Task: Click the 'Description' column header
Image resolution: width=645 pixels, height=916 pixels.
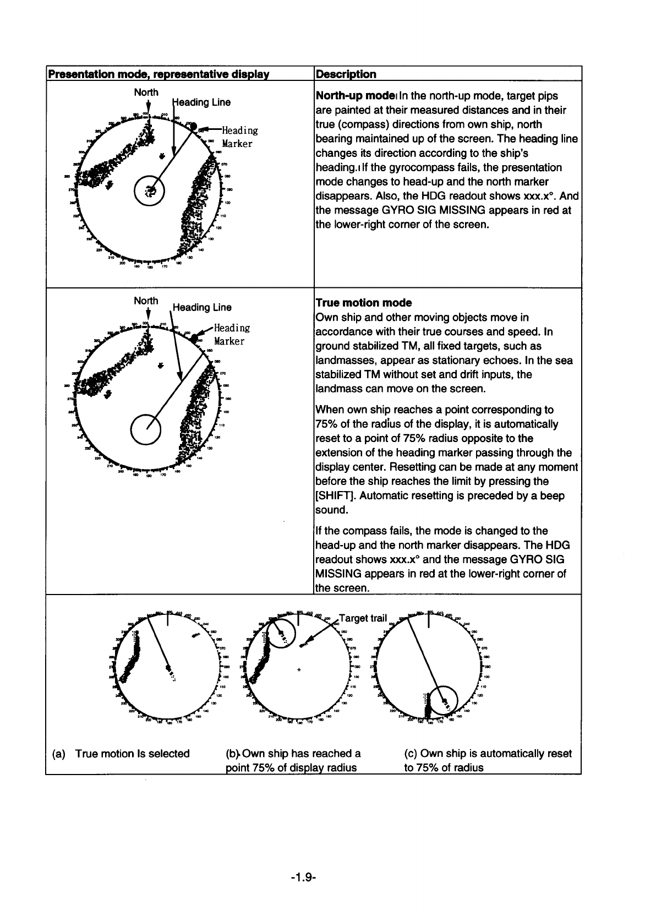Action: coord(346,74)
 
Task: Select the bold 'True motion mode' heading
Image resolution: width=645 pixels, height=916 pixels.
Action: coord(363,303)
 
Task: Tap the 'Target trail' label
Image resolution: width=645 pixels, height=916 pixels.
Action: coord(363,618)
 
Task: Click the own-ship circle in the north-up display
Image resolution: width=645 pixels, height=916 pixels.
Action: coord(150,192)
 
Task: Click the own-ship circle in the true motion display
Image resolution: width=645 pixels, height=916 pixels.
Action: coord(146,427)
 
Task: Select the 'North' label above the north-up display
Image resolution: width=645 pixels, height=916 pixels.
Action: coord(146,92)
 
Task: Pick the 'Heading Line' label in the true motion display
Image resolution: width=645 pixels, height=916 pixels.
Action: coord(202,307)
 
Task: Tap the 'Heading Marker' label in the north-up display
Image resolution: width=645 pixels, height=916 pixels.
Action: coord(238,137)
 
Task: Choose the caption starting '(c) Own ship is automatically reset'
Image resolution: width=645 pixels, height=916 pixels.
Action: coord(488,760)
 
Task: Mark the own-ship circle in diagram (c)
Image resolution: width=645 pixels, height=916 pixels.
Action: coord(444,700)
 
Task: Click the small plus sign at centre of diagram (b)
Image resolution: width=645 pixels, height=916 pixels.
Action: coord(299,670)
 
